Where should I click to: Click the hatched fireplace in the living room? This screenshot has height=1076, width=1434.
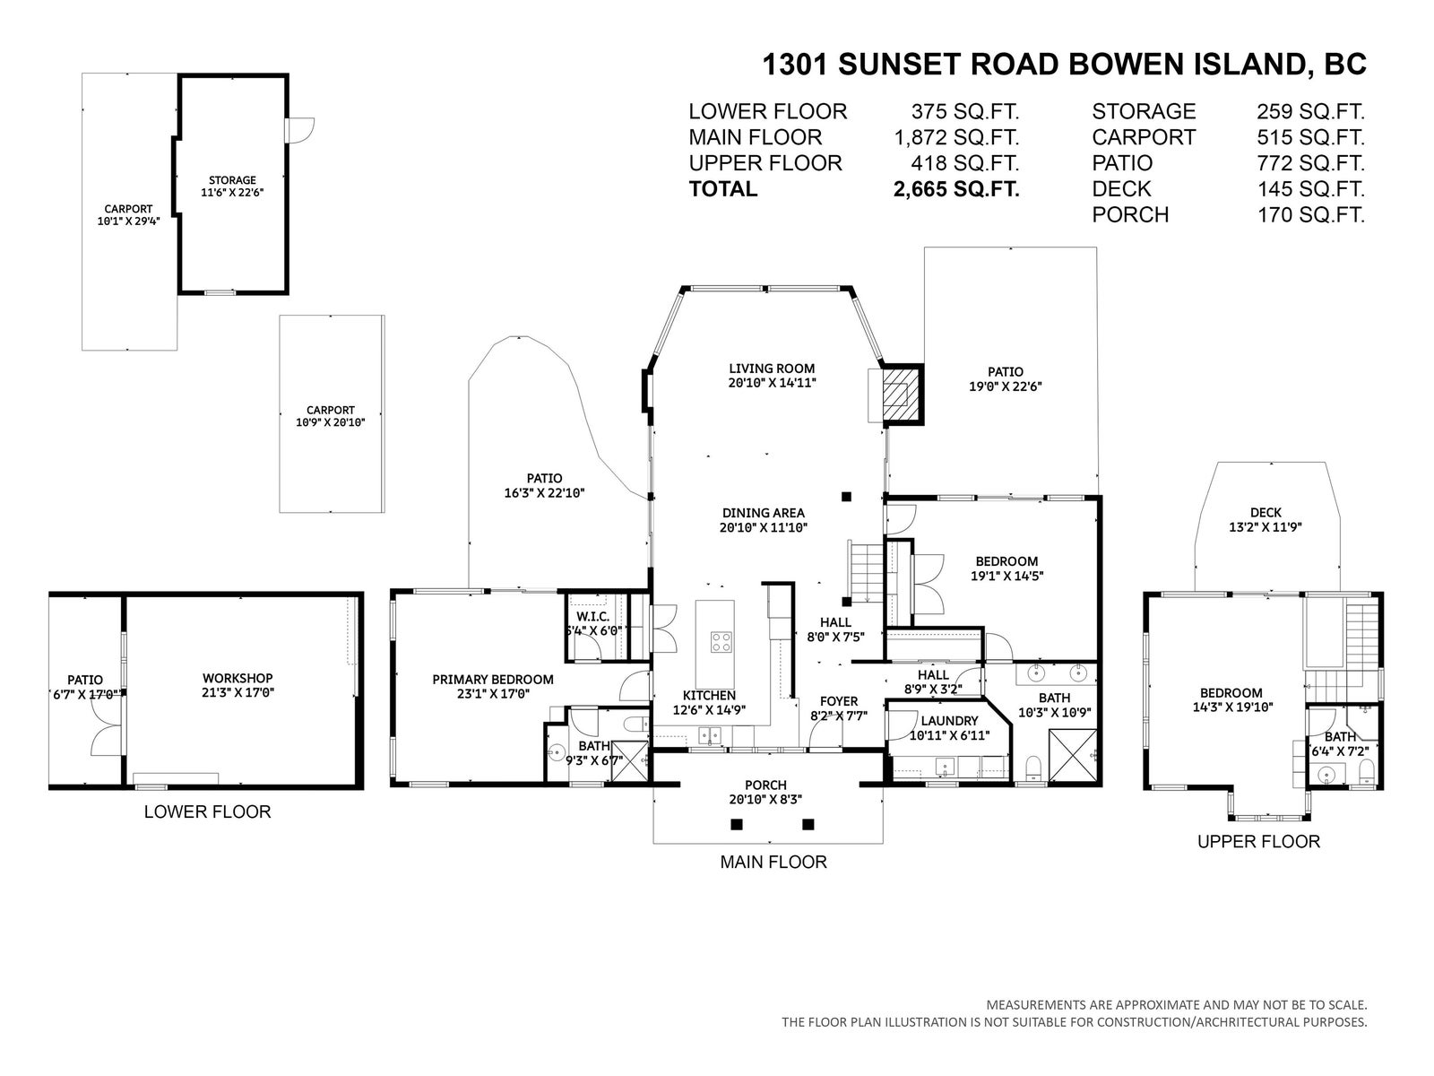coord(903,396)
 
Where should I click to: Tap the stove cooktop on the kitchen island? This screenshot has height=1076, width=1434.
coord(721,641)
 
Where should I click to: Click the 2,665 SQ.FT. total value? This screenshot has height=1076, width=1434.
coord(955,189)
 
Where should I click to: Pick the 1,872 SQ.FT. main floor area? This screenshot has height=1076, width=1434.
coord(956,137)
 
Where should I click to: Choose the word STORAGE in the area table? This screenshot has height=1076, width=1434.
coord(1144,111)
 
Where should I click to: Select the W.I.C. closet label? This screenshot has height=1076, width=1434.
coord(592,617)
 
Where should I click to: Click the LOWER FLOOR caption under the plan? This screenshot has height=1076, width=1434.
coord(207,811)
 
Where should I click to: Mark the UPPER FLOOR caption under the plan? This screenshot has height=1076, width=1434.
coord(1258,841)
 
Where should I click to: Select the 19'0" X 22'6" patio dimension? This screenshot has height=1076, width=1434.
coord(1005,386)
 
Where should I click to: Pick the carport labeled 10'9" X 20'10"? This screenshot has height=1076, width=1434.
coord(332,413)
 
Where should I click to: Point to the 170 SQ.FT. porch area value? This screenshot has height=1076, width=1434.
coord(1311,214)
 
